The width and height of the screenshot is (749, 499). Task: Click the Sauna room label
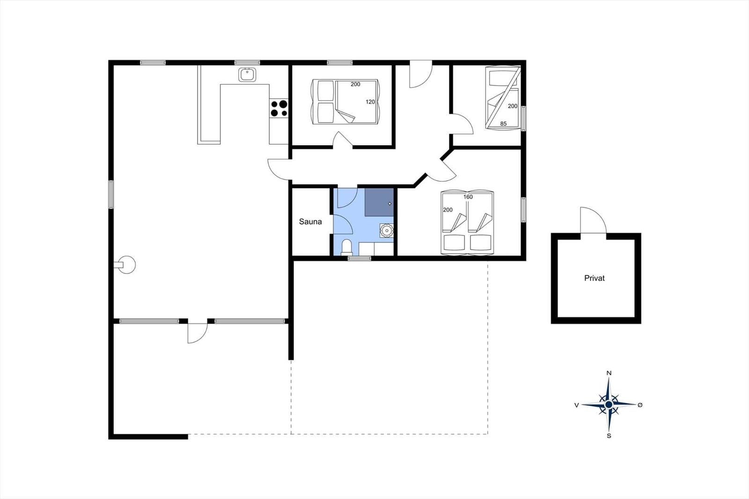click(x=310, y=221)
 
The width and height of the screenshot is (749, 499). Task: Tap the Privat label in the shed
click(x=594, y=278)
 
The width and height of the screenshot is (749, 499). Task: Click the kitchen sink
click(x=247, y=74)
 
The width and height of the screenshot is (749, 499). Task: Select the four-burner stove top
click(x=279, y=108)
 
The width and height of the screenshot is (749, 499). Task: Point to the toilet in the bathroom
click(x=346, y=247)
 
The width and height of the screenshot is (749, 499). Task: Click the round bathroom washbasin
click(x=387, y=230)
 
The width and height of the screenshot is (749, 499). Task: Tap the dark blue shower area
click(x=379, y=202)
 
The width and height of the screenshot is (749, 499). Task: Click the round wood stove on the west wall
click(x=126, y=265)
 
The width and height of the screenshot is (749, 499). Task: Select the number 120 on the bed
click(x=370, y=102)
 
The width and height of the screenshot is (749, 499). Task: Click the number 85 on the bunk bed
click(x=503, y=124)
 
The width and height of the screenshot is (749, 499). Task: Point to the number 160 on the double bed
click(x=468, y=197)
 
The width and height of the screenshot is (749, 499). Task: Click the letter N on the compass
click(x=609, y=373)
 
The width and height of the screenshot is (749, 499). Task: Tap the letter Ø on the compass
click(x=640, y=405)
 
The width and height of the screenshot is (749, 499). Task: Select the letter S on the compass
click(x=609, y=436)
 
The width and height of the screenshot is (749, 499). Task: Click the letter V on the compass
click(x=576, y=405)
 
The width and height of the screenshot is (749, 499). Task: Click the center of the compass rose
click(x=609, y=405)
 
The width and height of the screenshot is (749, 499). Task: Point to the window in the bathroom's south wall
click(x=359, y=258)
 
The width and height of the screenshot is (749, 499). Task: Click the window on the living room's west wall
click(x=110, y=194)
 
